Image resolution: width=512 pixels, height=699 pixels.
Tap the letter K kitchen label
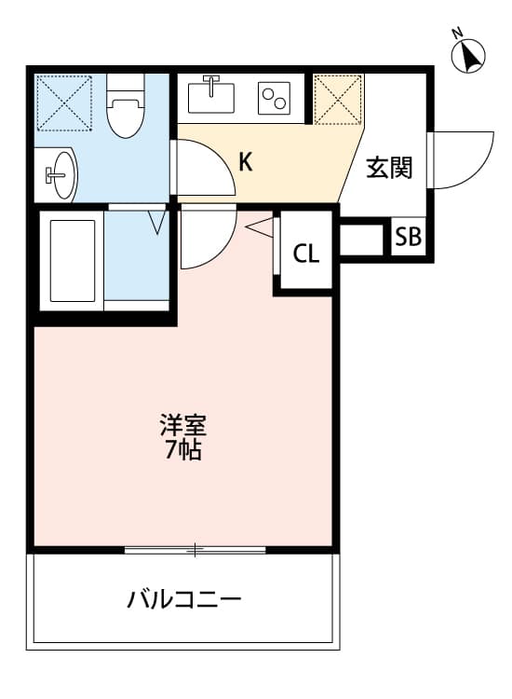245,162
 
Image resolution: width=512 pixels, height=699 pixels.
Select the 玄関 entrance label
388,169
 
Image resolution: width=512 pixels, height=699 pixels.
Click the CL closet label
305,254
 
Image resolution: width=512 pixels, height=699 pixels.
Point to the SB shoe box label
408,237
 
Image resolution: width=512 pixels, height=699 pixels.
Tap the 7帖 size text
182,452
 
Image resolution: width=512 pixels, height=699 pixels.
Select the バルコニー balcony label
184,598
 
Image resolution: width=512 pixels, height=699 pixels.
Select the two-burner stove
276,97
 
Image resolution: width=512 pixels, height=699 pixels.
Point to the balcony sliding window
195,550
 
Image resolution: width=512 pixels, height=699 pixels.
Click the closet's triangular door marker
261,225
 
